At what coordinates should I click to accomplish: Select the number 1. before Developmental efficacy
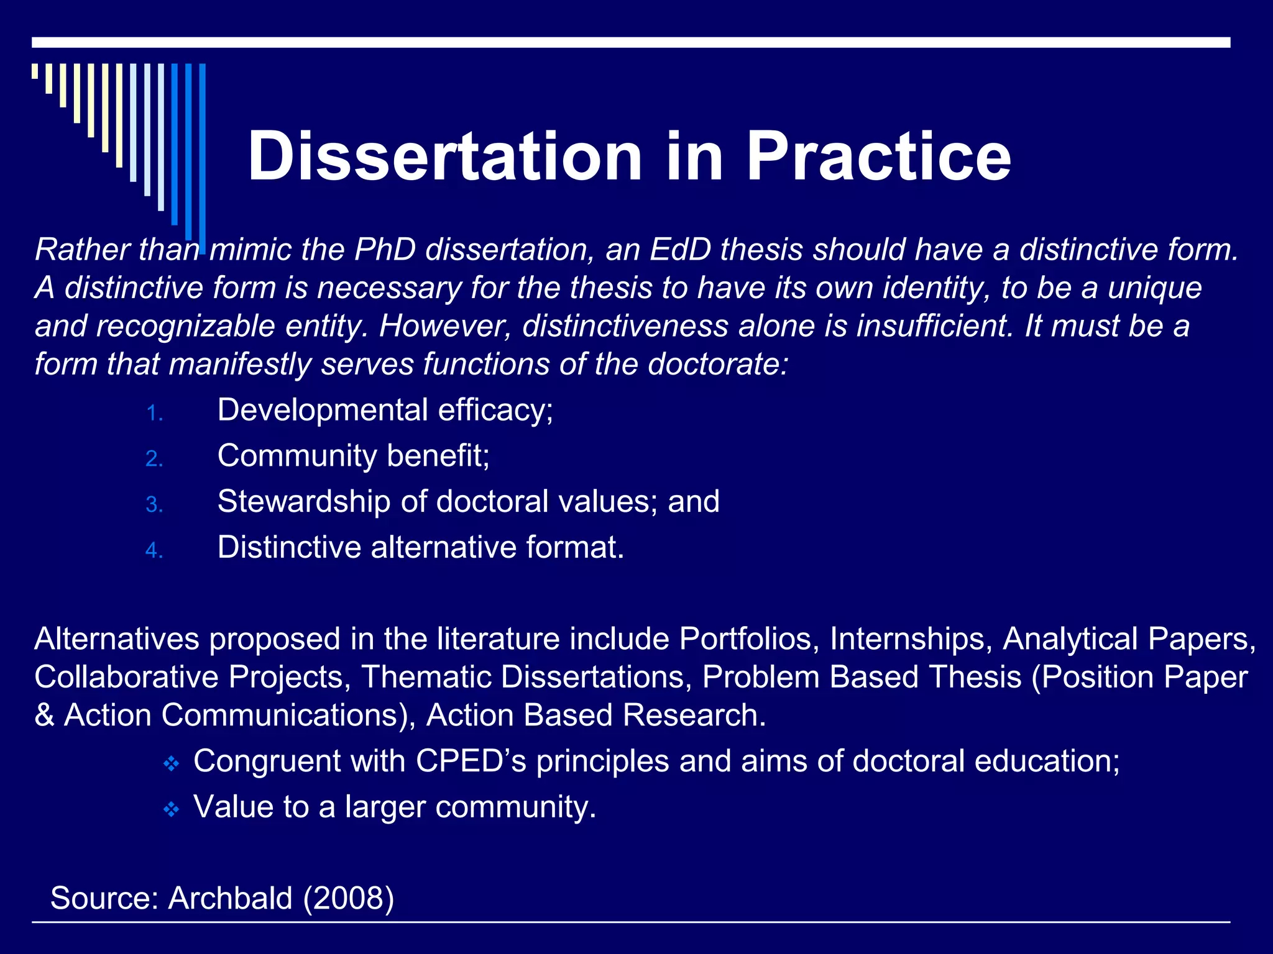coord(154,414)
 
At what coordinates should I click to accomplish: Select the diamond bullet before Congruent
coord(171,763)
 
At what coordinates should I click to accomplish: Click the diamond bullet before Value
coord(171,809)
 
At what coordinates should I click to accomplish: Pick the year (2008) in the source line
coord(348,898)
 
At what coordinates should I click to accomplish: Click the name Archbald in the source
coord(230,898)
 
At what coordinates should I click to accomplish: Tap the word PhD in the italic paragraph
coord(385,250)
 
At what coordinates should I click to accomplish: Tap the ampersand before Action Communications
coord(44,715)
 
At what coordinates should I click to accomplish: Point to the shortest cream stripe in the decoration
coord(35,71)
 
